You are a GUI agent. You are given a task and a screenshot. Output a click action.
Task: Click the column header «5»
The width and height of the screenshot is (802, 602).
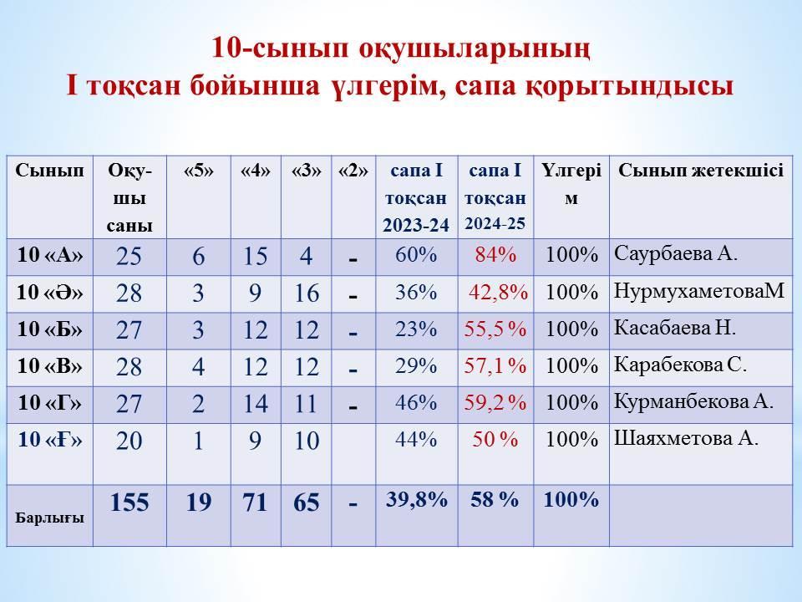(199, 171)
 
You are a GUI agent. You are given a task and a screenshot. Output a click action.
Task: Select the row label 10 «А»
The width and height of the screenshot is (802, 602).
(49, 255)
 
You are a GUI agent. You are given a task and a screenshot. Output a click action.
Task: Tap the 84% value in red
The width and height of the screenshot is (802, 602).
(495, 254)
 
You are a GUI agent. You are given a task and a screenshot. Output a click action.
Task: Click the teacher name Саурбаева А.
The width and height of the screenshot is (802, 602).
(675, 253)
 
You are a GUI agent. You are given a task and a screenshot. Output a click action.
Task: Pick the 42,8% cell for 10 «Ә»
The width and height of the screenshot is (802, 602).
(498, 293)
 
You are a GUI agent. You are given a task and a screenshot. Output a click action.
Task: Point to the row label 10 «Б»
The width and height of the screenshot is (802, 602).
(49, 329)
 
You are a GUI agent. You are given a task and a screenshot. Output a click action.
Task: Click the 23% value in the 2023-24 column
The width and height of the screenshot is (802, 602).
(416, 329)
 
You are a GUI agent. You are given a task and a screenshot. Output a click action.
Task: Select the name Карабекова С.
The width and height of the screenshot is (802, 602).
(680, 365)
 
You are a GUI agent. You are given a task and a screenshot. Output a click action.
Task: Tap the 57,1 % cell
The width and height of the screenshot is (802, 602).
(495, 366)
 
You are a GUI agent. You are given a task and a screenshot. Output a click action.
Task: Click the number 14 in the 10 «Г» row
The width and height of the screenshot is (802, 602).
(256, 403)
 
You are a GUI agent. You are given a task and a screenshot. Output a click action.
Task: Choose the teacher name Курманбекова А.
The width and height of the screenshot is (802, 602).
(693, 401)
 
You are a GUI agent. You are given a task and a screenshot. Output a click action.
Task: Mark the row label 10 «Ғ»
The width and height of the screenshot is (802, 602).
(49, 439)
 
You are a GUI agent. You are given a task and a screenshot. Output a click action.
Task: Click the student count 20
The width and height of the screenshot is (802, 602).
(129, 441)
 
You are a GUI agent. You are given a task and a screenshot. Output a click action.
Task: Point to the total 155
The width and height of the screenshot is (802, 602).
(129, 503)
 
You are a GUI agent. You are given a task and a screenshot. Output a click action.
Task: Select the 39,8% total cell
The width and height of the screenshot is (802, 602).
(416, 499)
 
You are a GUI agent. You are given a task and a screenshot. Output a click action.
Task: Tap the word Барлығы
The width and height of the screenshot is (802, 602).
(49, 518)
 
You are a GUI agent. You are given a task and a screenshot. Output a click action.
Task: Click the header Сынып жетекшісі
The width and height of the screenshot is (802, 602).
(701, 171)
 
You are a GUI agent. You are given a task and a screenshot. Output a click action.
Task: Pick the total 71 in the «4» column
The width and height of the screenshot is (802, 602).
(256, 503)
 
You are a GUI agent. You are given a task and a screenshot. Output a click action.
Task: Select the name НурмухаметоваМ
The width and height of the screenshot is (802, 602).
(698, 291)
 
